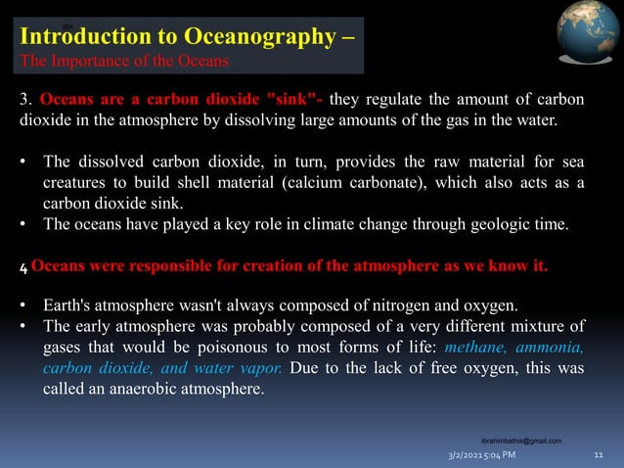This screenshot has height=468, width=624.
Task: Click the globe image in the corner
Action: [x=588, y=34]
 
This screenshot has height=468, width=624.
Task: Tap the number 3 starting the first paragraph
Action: [x=25, y=100]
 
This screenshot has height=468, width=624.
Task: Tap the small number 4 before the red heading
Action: [x=23, y=267]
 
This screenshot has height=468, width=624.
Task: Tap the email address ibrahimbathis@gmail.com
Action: [x=521, y=442]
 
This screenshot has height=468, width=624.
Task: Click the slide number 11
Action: [x=599, y=455]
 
